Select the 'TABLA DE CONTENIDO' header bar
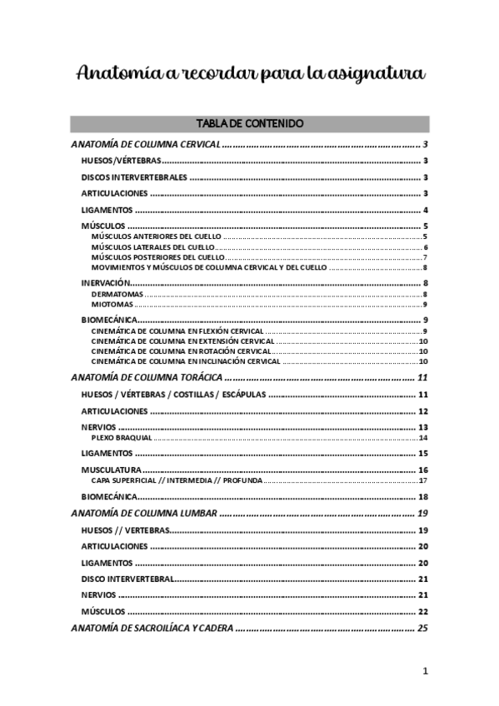(249, 123)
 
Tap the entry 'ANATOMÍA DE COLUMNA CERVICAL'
(145, 144)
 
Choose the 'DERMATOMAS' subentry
(117, 294)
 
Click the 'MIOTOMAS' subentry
(111, 304)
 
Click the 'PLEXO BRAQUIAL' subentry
(122, 437)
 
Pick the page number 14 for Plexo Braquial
(423, 437)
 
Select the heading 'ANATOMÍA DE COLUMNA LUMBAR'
(144, 514)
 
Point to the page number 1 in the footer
(425, 671)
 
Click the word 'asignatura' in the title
(379, 75)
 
